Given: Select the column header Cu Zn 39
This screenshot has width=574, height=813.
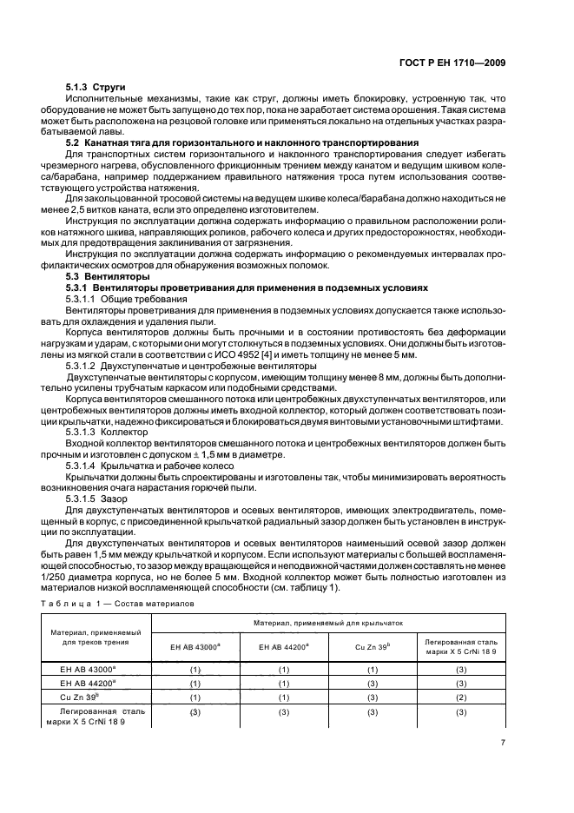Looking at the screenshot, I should (x=372, y=647).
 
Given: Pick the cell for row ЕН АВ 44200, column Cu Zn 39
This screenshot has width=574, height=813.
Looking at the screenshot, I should (x=372, y=683).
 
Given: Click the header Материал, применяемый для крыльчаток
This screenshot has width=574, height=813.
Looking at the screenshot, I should (x=327, y=624).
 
